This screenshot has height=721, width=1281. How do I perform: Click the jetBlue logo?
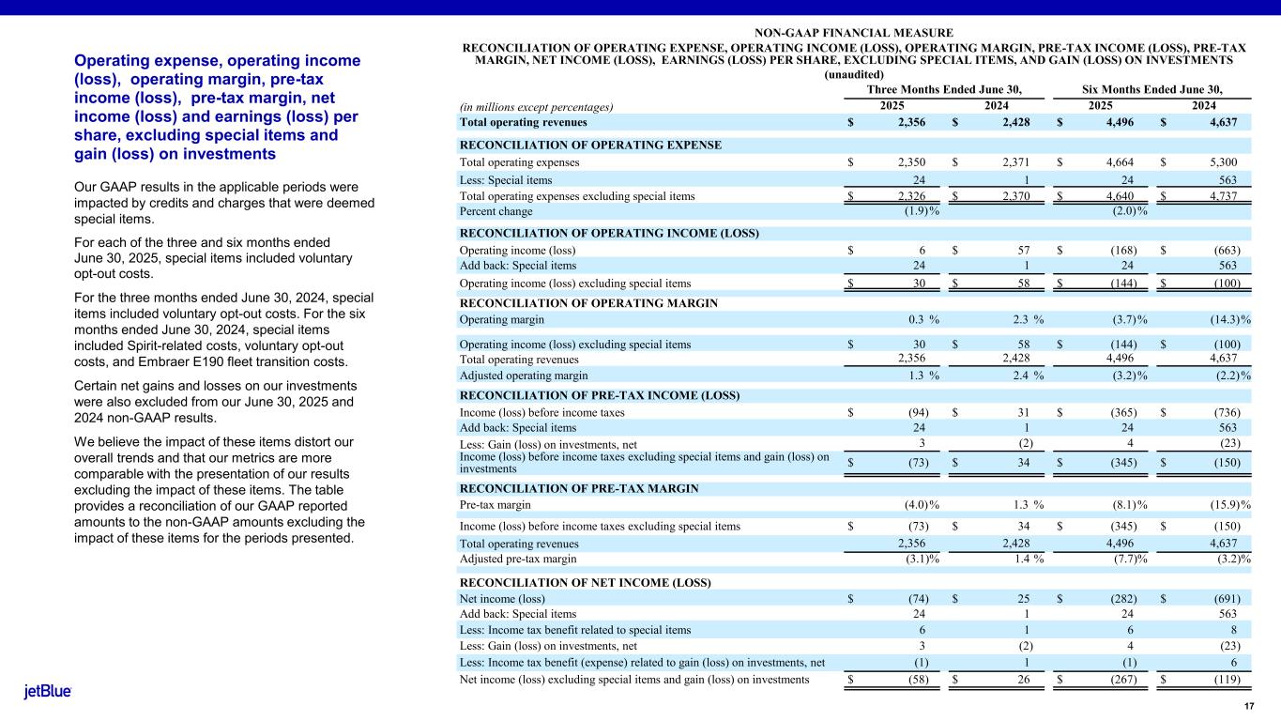(x=47, y=692)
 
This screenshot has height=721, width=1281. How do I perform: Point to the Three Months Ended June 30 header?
(x=943, y=90)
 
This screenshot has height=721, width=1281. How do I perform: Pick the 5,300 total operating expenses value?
(x=1220, y=162)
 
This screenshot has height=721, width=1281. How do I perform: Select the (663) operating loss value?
(x=1226, y=251)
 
